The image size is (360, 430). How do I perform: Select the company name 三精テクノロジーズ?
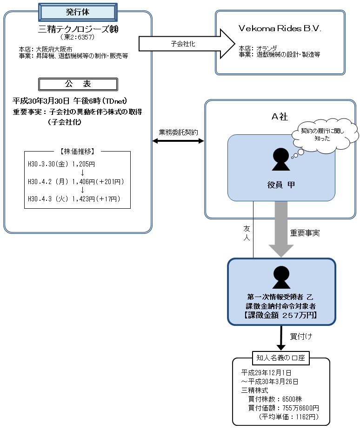click(78, 29)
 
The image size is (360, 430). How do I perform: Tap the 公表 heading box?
click(78, 84)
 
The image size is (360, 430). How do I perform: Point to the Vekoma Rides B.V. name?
click(280, 28)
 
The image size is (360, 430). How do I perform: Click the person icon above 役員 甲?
click(281, 159)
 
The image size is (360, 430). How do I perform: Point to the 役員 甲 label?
click(281, 185)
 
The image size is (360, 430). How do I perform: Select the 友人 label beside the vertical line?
click(247, 233)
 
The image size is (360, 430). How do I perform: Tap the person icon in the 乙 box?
click(281, 278)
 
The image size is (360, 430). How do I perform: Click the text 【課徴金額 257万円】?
click(281, 315)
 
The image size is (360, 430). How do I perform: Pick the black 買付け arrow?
click(281, 338)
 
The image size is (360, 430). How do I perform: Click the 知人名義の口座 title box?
click(281, 357)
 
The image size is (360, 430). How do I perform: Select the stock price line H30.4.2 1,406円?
click(76, 181)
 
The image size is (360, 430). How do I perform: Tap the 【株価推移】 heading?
click(78, 151)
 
